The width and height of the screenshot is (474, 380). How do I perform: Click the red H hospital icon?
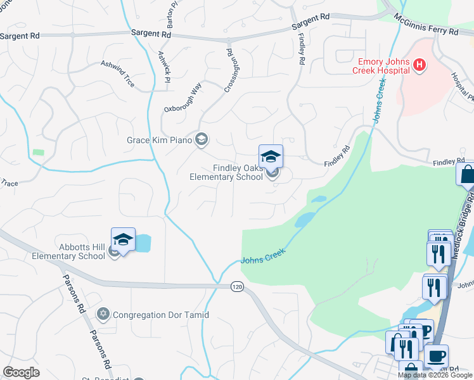pyautogui.click(x=419, y=64)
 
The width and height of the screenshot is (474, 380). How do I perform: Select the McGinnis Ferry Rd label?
pyautogui.click(x=426, y=25)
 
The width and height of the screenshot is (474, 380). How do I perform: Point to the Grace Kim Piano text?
pyautogui.click(x=160, y=140)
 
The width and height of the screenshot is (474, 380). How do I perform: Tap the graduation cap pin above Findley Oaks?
pyautogui.click(x=271, y=156)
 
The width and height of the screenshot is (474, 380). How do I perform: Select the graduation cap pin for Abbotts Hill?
pyautogui.click(x=124, y=239)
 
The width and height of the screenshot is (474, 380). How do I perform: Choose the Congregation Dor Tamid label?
pyautogui.click(x=162, y=314)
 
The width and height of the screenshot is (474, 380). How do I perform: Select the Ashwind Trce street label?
pyautogui.click(x=118, y=73)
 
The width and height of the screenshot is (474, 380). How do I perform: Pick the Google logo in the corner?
pyautogui.click(x=21, y=372)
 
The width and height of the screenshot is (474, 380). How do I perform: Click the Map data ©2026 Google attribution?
pyautogui.click(x=434, y=375)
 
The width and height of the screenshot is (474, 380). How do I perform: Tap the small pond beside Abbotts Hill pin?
pyautogui.click(x=143, y=242)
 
